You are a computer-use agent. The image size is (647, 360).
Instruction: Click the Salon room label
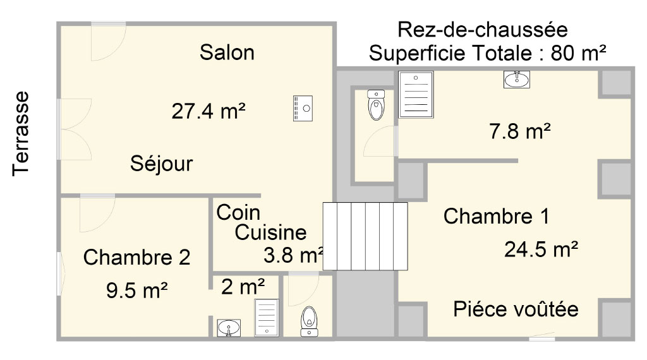pyautogui.click(x=227, y=52)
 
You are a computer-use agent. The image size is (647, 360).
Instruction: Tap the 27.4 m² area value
pyautogui.click(x=209, y=111)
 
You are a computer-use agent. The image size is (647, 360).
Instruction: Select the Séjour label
pyautogui.click(x=161, y=164)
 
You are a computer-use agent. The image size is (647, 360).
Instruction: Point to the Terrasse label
pyautogui.click(x=21, y=134)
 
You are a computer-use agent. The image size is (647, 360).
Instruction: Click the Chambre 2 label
pyautogui.click(x=136, y=257)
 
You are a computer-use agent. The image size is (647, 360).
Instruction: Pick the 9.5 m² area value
pyautogui.click(x=136, y=291)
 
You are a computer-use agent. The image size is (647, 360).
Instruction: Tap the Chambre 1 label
pyautogui.click(x=497, y=216)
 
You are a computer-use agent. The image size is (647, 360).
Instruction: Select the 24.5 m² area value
pyautogui.click(x=541, y=249)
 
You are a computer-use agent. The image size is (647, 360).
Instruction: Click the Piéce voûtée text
pyautogui.click(x=516, y=309)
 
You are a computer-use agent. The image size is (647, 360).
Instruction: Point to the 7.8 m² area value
pyautogui.click(x=520, y=131)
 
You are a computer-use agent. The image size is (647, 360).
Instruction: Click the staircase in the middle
pyautogui.click(x=365, y=236)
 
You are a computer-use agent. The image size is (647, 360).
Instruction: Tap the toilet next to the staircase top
pyautogui.click(x=376, y=105)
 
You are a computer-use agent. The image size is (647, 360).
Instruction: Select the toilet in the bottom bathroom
pyautogui.click(x=309, y=321)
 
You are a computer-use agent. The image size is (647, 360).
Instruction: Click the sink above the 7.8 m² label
pyautogui.click(x=517, y=79)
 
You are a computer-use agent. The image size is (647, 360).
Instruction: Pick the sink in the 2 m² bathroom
pyautogui.click(x=229, y=328)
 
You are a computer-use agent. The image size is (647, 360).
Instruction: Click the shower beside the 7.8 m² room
pyautogui.click(x=416, y=95)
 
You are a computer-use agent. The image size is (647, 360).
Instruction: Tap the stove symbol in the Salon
pyautogui.click(x=303, y=109)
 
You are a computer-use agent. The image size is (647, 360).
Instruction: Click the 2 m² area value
pyautogui.click(x=243, y=287)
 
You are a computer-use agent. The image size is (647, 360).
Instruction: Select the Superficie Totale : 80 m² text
pyautogui.click(x=487, y=53)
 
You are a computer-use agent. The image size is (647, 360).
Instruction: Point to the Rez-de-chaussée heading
pyautogui.click(x=482, y=30)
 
